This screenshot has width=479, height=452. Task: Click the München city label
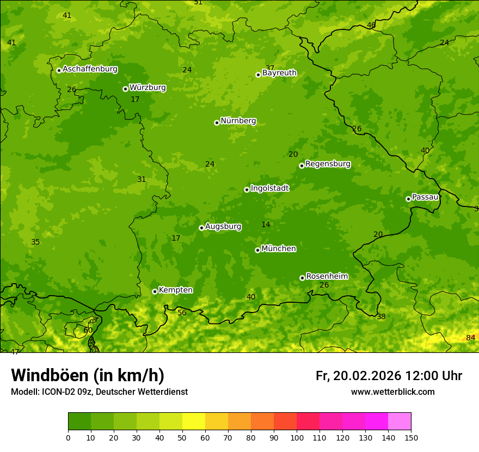point(279,249)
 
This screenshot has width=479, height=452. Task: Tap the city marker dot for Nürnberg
point(217,123)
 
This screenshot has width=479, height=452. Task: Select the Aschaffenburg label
point(90,69)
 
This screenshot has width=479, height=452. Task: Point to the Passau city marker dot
point(408,199)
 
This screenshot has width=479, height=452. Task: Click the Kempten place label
point(175,290)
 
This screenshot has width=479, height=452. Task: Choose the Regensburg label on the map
point(328,164)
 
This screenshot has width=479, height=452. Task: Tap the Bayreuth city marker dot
point(258,75)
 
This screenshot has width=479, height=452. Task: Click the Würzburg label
point(148,88)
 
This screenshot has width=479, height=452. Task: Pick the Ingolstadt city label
point(269,188)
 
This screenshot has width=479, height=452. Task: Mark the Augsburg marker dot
point(201,228)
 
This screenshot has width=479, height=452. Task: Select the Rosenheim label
point(327,277)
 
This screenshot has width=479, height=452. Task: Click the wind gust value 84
point(471,338)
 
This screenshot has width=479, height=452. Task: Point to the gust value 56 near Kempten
point(182,313)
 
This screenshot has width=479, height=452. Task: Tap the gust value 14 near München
point(266,225)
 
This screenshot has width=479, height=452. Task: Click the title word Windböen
point(50,375)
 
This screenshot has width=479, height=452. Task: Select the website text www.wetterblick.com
point(392,392)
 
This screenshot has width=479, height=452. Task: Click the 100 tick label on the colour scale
point(297,437)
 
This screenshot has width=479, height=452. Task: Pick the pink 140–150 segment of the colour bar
point(400,421)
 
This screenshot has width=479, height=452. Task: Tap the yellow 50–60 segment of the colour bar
point(194,421)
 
